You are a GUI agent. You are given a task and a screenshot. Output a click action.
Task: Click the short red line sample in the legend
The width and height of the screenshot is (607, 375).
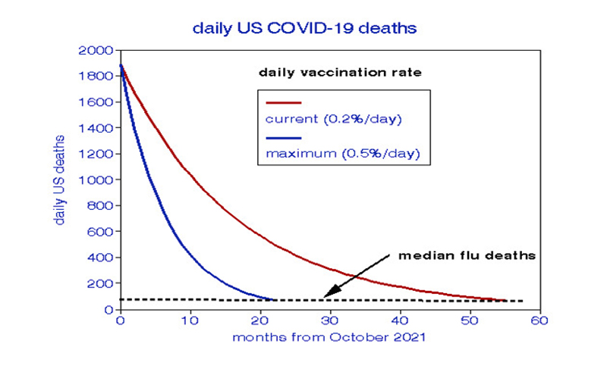283,102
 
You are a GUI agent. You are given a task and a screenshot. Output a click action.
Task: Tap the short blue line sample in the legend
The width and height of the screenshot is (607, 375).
283,138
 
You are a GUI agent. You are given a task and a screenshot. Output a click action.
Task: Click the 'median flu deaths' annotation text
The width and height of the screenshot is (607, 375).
467,255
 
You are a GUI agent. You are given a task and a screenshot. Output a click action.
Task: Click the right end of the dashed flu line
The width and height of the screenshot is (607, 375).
522,302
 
